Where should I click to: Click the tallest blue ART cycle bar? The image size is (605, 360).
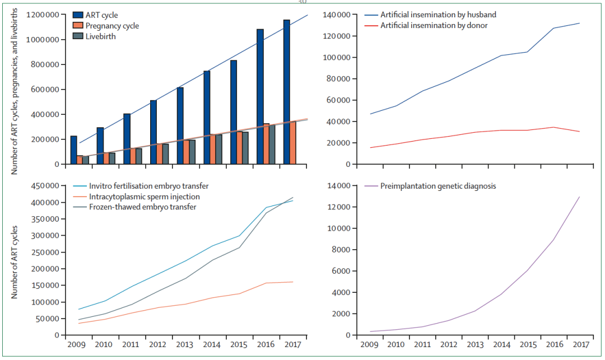point(287,92)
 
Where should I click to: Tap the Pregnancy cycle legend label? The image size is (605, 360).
point(112,26)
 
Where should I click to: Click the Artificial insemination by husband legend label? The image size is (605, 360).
point(438,15)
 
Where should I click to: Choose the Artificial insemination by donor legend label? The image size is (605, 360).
point(434,25)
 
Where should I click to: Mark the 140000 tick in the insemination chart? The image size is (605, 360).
point(339,15)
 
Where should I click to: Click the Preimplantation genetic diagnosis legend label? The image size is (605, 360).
point(438,186)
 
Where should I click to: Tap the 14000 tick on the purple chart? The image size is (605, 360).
point(341,186)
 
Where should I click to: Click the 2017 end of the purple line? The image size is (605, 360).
point(579,197)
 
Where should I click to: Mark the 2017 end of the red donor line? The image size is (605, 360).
point(579,132)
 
